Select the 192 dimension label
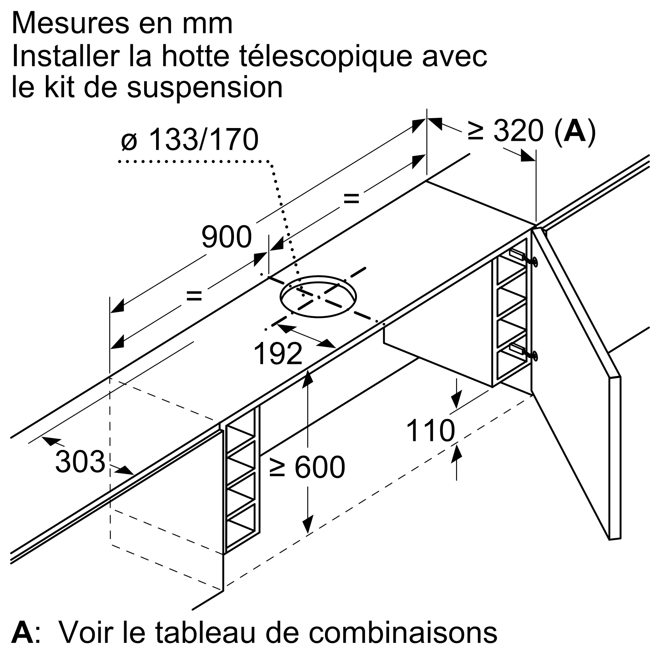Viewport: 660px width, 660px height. click(x=278, y=354)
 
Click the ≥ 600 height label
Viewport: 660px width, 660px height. click(x=307, y=467)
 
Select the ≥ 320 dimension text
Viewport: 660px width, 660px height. click(x=506, y=130)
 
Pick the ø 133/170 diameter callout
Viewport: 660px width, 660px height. click(x=190, y=139)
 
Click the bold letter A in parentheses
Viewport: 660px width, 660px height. click(x=575, y=130)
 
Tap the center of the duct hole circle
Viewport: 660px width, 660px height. click(x=318, y=297)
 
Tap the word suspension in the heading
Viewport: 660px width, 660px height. click(x=205, y=87)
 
